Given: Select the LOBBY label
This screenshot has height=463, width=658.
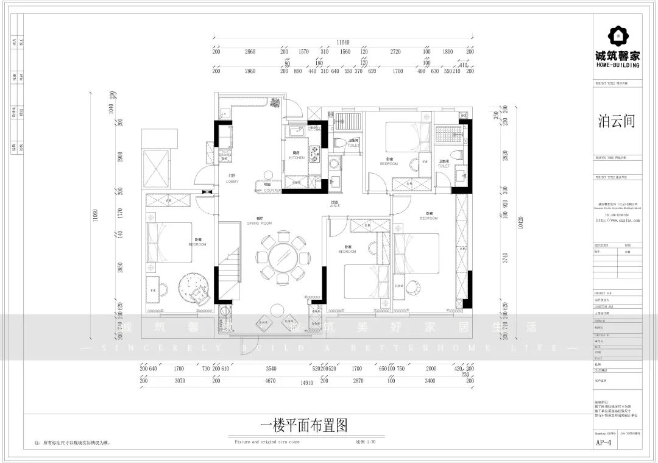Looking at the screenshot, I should tap(232, 182).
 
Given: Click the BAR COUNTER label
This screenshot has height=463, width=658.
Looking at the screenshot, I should tap(267, 191).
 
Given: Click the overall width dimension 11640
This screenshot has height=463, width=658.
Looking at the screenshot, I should tap(344, 42).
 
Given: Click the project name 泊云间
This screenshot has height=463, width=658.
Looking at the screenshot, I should tap(617, 121).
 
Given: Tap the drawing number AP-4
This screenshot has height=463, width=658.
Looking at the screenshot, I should tap(604, 443).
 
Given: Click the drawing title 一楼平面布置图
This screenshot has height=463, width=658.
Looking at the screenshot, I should tap(303, 426).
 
